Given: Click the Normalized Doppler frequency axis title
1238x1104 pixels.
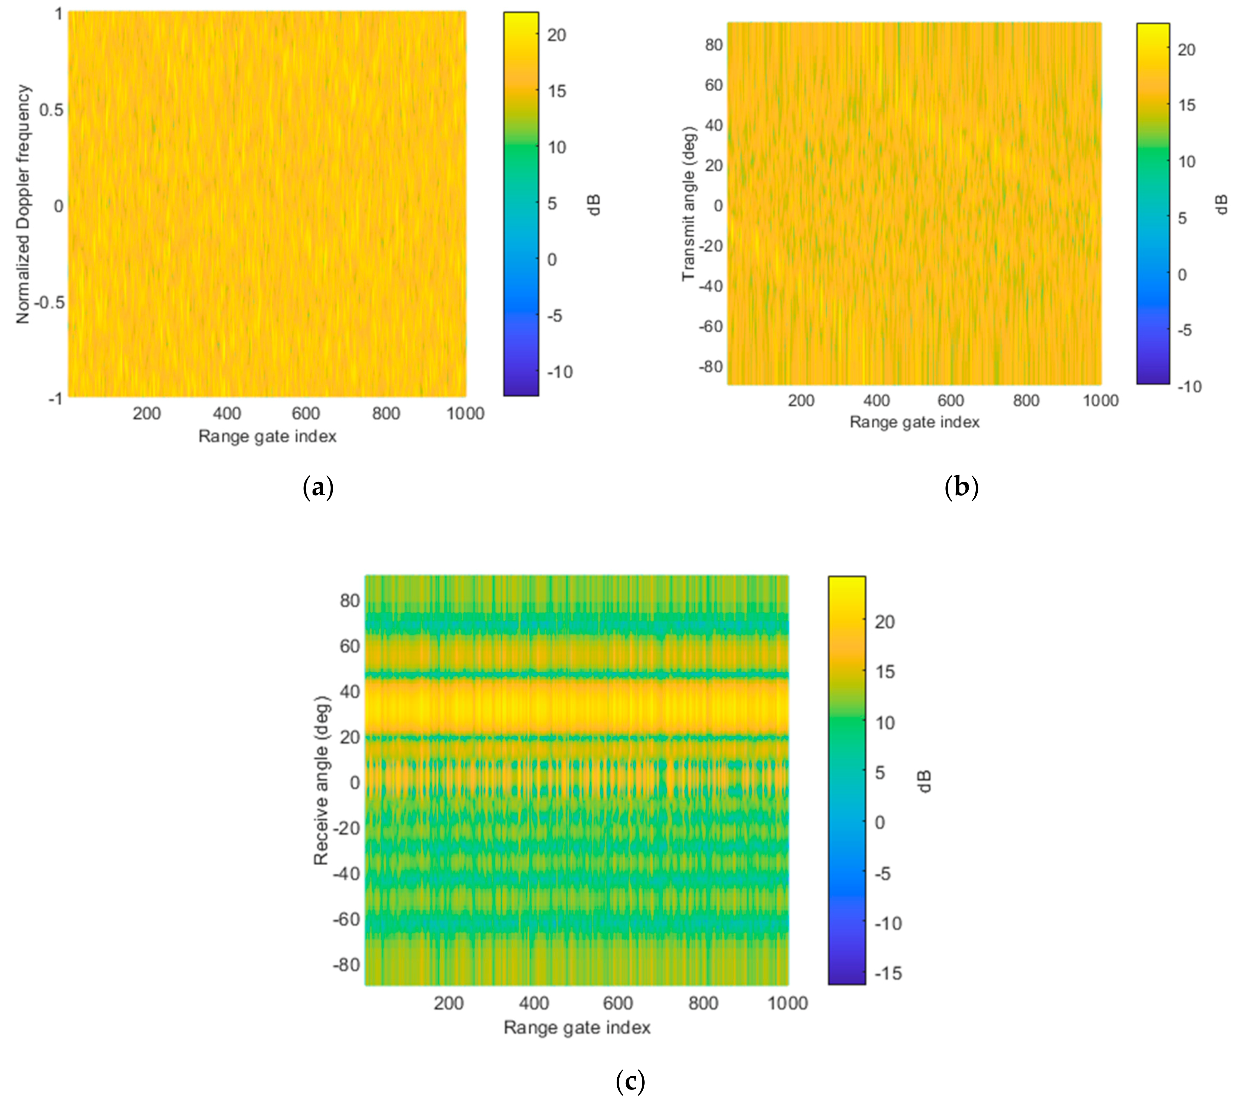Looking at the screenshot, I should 23,204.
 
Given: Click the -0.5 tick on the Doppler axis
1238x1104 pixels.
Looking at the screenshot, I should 49,302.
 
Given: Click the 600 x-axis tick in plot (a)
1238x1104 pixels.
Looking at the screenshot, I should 306,414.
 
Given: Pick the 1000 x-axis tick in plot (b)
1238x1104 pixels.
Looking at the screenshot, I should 1100,400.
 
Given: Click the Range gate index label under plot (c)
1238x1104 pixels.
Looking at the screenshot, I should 577,1027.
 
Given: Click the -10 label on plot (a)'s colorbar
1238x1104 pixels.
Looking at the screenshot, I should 559,372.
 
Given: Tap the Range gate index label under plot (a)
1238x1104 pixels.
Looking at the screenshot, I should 267,436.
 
